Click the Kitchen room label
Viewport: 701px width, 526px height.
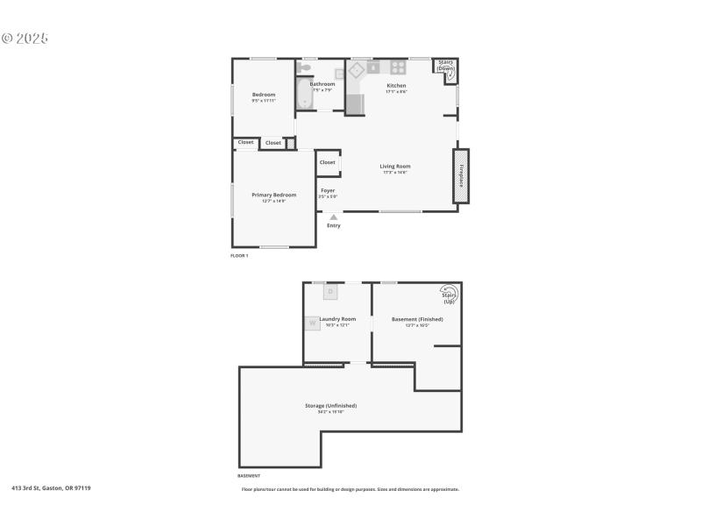396,86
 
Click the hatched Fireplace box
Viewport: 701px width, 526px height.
461,176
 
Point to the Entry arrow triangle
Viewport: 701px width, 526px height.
333,217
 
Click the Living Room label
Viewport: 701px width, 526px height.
395,167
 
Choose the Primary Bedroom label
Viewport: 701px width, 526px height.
273,195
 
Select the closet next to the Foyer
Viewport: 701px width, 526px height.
328,162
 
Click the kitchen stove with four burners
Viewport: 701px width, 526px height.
399,67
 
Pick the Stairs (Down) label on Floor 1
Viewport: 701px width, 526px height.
446,66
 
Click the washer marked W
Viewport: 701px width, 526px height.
312,323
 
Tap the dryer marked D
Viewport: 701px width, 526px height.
330,291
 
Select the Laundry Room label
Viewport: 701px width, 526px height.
337,319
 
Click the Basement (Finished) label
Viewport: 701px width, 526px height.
417,319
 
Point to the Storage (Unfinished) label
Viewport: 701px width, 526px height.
330,406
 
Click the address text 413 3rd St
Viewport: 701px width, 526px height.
51,487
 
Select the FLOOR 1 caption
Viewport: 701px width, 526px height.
239,255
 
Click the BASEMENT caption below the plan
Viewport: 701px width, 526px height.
249,475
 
